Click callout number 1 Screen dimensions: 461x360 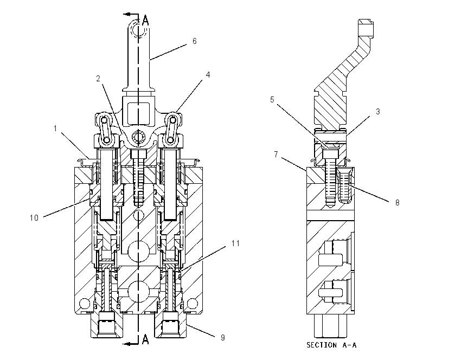click(x=55, y=128)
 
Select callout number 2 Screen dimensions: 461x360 click(x=98, y=79)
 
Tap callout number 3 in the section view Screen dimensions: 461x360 click(x=378, y=112)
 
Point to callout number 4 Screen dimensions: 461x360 click(x=208, y=75)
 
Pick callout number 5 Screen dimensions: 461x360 click(x=272, y=100)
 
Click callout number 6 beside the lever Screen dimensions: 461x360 click(x=194, y=41)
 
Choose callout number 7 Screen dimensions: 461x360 click(x=276, y=155)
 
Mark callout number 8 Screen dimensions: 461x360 click(x=397, y=203)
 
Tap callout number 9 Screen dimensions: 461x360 click(x=222, y=338)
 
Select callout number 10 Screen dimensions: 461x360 click(x=34, y=218)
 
